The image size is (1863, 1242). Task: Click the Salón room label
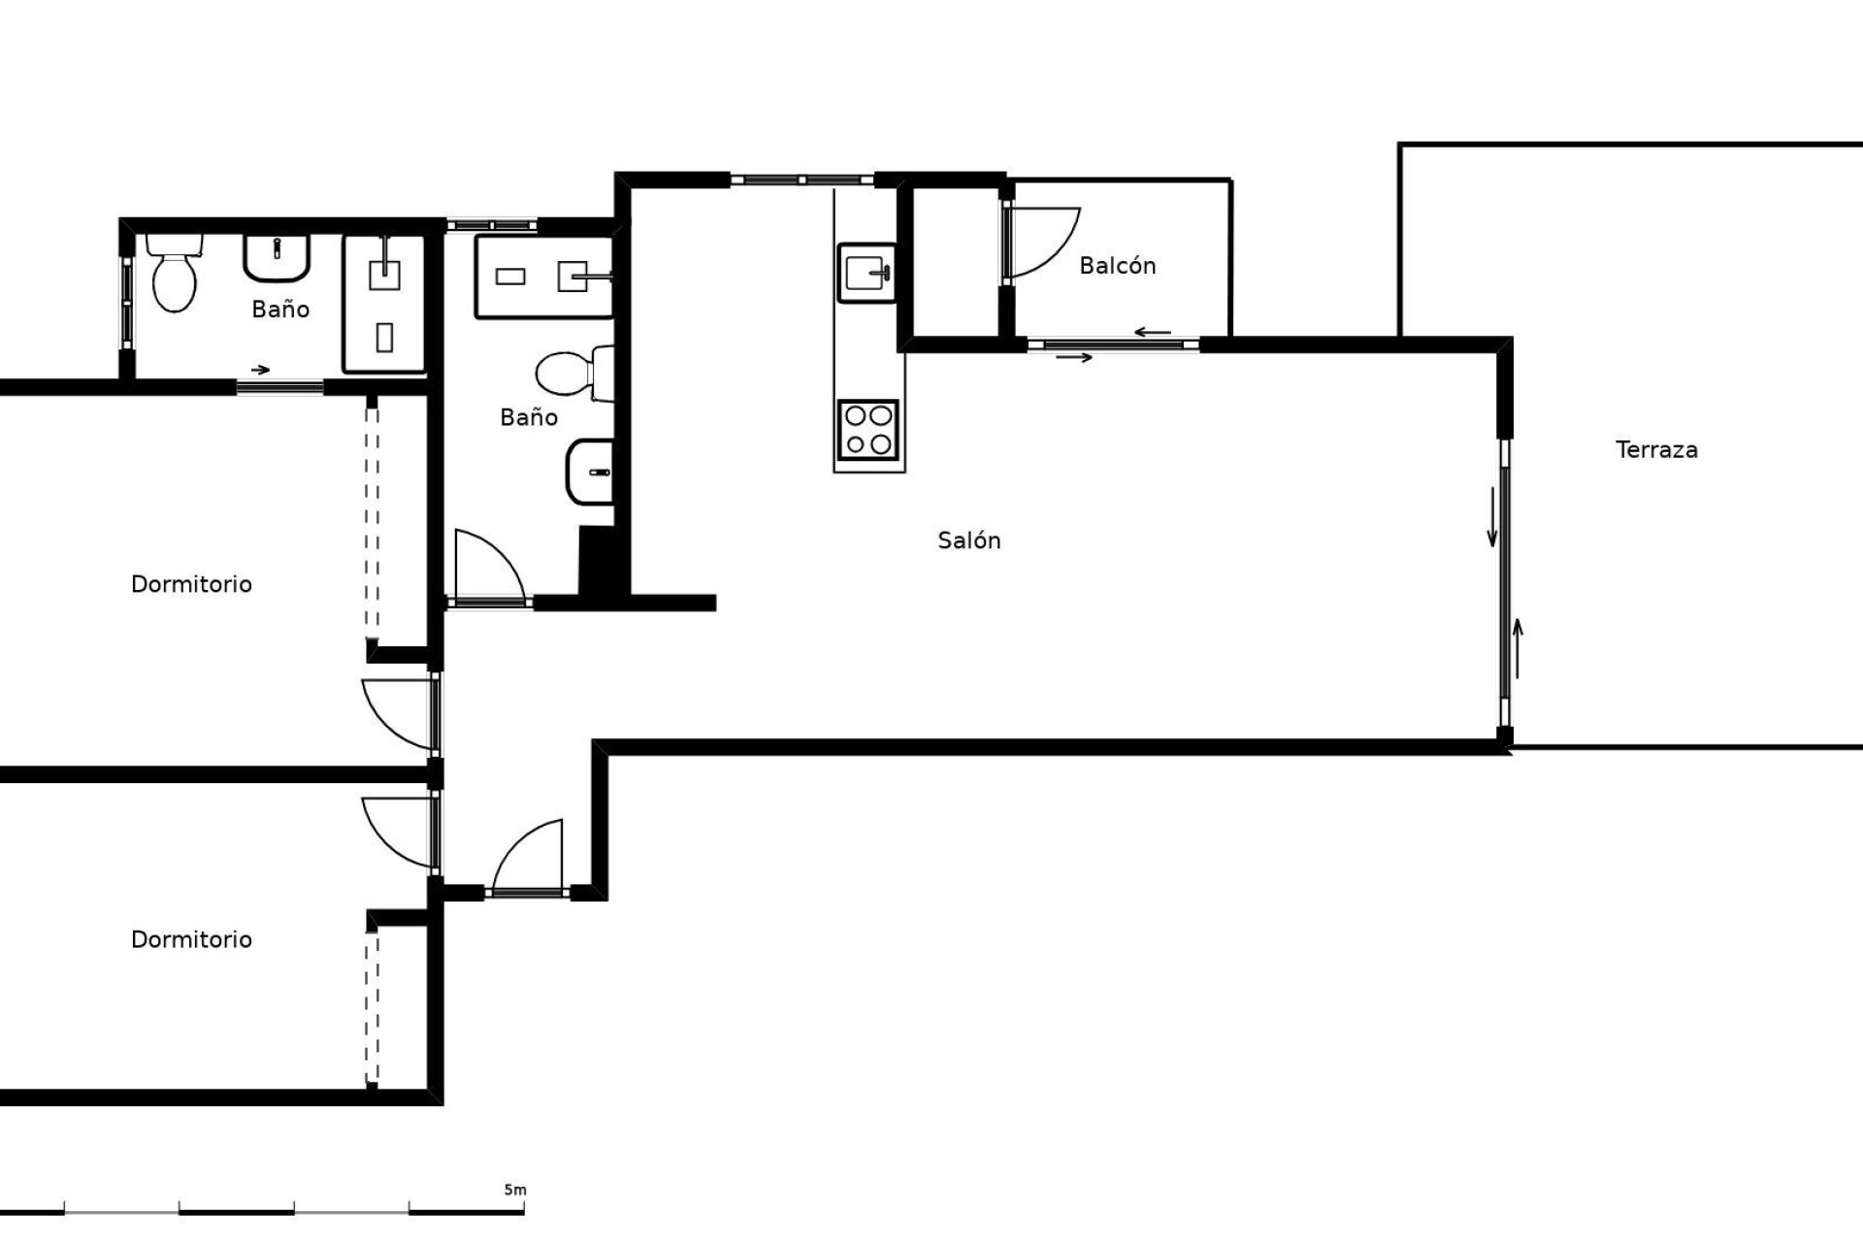point(968,540)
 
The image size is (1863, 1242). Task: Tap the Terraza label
point(1656,450)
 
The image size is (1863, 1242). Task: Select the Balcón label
point(1118,266)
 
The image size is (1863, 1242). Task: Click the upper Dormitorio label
point(191,584)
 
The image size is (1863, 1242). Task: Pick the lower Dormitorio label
point(191,939)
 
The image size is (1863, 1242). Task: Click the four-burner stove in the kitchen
point(868,430)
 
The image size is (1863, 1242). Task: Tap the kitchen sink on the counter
point(866,272)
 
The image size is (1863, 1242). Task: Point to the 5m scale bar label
point(514,1190)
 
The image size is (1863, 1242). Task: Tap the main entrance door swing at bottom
point(528,856)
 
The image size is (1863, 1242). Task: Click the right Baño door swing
point(490,567)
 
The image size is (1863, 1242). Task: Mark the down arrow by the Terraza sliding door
point(1492,518)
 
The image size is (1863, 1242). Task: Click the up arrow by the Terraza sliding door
point(1518,648)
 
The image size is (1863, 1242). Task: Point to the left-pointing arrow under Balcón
point(1153,333)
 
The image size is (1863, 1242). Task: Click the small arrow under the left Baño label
point(260,370)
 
